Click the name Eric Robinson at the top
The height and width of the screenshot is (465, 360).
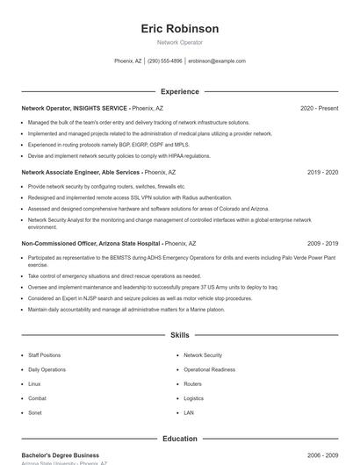coord(179,29)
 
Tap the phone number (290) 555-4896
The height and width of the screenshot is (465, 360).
coord(165,61)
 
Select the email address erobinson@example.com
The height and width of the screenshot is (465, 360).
coord(217,61)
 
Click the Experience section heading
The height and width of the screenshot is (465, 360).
coord(179,91)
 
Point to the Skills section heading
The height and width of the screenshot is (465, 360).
coord(179,335)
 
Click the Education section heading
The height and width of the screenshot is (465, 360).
coord(179,439)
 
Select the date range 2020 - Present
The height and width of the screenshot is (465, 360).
coord(319,108)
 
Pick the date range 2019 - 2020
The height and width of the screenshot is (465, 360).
coord(322,173)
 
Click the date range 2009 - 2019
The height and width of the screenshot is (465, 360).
coord(322,243)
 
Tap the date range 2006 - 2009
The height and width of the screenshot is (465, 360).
coord(322,455)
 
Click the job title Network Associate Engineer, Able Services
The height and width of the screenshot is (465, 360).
coord(81,173)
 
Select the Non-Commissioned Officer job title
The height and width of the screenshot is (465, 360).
coord(90,243)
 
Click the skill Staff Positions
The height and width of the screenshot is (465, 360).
coord(45,355)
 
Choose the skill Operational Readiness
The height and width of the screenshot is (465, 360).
coord(209,369)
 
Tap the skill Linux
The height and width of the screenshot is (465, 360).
coord(34,383)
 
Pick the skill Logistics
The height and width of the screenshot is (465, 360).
coord(193,397)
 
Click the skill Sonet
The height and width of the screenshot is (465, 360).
coord(35,411)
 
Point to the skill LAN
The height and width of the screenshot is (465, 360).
coord(189,411)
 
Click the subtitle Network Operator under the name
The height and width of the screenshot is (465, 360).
coord(179,42)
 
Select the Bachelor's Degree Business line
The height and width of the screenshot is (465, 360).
coord(61,455)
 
